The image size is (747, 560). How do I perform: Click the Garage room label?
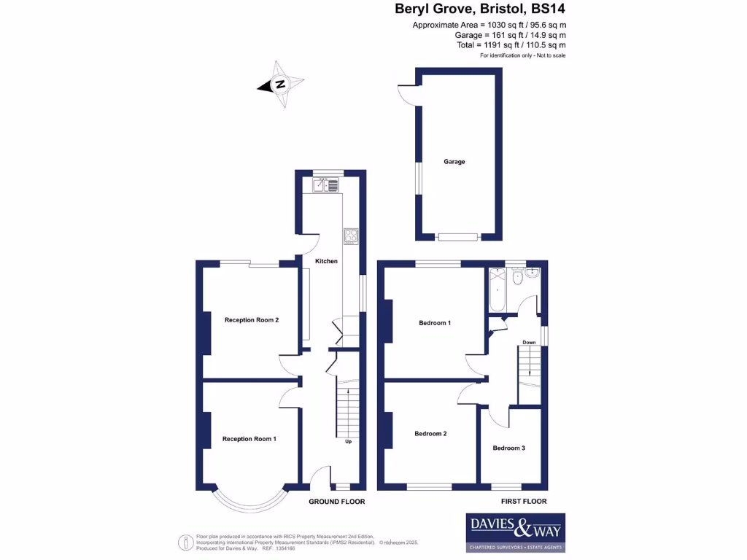[x=454, y=162]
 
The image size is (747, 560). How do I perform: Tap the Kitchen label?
[x=326, y=261]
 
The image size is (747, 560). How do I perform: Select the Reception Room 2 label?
[x=251, y=319]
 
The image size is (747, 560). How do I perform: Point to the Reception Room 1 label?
[x=249, y=439]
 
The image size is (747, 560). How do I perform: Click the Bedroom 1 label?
[x=434, y=322]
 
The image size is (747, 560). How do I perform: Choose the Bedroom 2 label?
[x=430, y=433]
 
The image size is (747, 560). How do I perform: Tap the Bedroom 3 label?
[x=508, y=448]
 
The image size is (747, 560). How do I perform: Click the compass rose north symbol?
[x=279, y=85]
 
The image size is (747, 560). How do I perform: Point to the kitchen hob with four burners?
[x=351, y=236]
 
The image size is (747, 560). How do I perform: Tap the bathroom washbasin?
[x=533, y=273]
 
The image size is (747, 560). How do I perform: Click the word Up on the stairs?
[x=348, y=441]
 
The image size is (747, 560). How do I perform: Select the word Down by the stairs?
[x=529, y=342]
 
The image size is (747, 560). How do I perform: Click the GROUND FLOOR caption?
[x=336, y=502]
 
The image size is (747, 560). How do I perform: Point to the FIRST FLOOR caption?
[x=524, y=502]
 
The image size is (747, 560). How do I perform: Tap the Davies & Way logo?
[x=515, y=532]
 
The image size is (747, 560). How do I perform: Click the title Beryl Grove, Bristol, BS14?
[x=480, y=9]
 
